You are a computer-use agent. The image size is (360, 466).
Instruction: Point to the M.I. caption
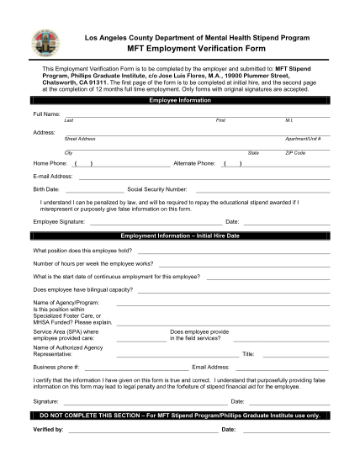click(x=289, y=120)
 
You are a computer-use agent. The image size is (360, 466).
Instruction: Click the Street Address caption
click(x=80, y=138)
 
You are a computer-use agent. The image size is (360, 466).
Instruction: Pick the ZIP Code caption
click(x=295, y=152)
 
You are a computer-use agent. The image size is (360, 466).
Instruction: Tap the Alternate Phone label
click(x=195, y=162)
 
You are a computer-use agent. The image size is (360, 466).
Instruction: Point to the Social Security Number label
click(x=156, y=189)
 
